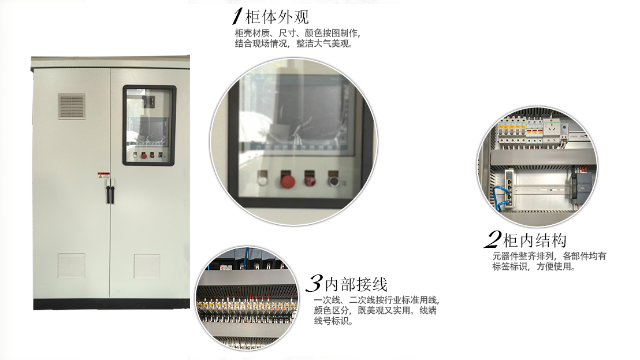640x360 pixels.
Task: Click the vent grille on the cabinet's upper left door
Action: [71, 106]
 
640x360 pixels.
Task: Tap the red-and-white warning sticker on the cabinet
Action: [103, 175]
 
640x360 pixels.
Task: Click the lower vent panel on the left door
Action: [71, 266]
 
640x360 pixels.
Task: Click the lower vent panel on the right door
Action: [147, 266]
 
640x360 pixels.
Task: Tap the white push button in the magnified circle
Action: [263, 179]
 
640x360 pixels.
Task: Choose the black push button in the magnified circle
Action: [334, 179]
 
